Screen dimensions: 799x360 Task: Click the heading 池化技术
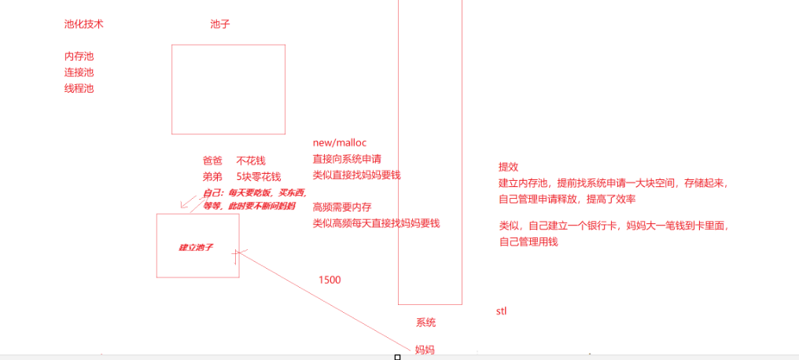click(x=83, y=24)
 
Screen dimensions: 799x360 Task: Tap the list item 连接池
click(x=79, y=72)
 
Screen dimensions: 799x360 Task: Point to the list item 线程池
click(x=79, y=89)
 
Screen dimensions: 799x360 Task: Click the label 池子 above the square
click(x=219, y=24)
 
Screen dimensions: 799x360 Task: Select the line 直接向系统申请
click(x=347, y=159)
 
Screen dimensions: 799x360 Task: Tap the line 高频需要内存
click(x=341, y=208)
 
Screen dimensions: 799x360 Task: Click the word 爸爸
click(x=212, y=160)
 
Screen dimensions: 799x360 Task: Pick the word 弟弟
click(x=212, y=177)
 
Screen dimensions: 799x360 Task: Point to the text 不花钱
click(x=250, y=160)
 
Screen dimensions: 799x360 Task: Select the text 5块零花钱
click(x=258, y=177)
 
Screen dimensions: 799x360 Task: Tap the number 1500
click(x=330, y=280)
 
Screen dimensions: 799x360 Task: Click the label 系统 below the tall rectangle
click(x=425, y=322)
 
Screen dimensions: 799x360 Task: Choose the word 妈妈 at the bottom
click(x=425, y=349)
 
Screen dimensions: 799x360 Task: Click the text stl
click(x=501, y=311)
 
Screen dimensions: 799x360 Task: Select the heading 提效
click(x=508, y=167)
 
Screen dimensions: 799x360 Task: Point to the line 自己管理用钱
click(x=528, y=242)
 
